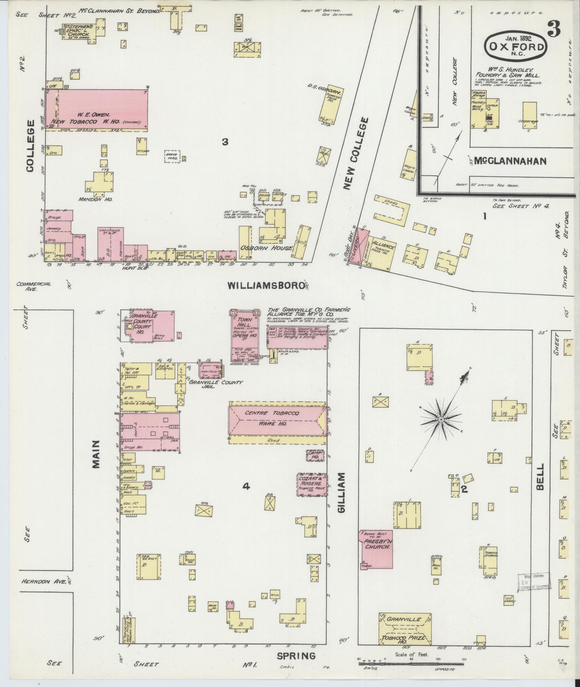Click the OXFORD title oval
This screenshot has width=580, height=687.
point(515,46)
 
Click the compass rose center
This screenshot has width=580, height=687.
point(441,419)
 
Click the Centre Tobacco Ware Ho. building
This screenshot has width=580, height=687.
point(277,418)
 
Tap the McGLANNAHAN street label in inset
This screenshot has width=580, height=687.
point(510,161)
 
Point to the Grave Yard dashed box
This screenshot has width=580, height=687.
point(173,157)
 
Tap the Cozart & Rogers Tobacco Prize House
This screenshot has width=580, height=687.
point(312,485)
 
